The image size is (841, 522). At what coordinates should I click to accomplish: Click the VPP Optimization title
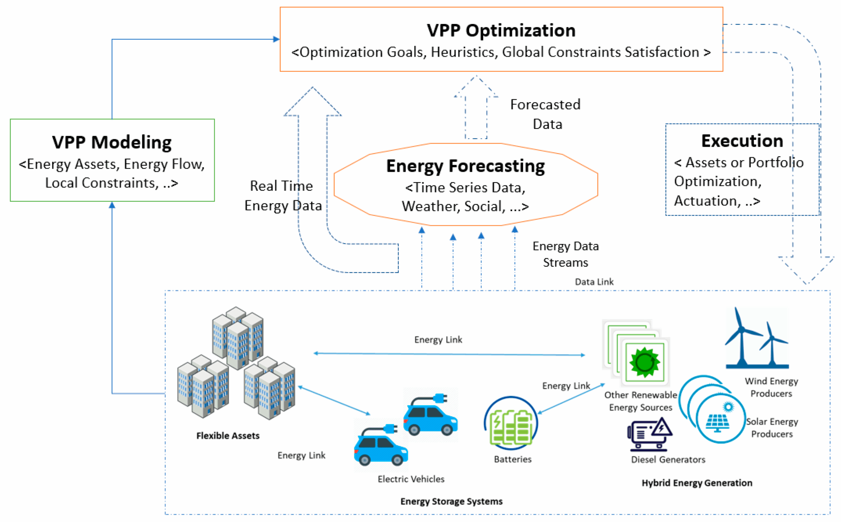pos(501,30)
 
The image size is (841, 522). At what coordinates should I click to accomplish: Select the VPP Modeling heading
pos(112,142)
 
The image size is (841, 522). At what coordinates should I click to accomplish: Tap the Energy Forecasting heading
pos(466,166)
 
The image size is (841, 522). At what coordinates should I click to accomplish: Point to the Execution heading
pos(742,141)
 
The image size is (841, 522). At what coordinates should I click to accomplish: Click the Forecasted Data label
pos(546,114)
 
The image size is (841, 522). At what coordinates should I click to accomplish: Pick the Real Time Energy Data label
pos(283,196)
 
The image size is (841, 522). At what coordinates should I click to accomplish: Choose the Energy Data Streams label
pos(565,254)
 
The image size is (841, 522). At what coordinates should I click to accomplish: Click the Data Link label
pos(594,282)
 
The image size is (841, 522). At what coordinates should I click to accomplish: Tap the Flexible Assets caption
pos(228,436)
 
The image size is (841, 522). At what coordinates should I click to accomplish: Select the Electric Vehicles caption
pos(411,479)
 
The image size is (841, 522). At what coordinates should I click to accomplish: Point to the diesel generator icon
pos(649,434)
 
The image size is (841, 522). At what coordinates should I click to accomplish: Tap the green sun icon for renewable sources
pos(644,362)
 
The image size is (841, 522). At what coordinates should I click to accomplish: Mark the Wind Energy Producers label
pos(771,387)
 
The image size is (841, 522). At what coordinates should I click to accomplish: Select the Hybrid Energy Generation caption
pos(697,483)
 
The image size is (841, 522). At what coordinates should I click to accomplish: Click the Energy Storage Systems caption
pos(451,501)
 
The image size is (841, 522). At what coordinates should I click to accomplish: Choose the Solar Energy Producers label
pos(772,428)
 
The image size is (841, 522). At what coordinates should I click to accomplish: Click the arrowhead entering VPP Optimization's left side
pos(276,39)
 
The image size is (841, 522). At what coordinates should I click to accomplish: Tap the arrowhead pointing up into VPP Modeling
pos(112,205)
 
